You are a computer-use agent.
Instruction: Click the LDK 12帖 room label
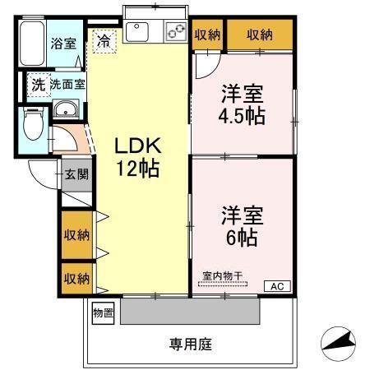[136, 159]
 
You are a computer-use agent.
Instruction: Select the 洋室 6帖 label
[240, 227]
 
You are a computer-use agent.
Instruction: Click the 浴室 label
[63, 44]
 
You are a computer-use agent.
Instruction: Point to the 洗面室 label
[65, 84]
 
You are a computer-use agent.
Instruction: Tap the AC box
[276, 286]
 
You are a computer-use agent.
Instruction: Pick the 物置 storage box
[103, 312]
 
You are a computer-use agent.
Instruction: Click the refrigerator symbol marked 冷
[104, 39]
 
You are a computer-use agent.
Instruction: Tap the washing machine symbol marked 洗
[37, 84]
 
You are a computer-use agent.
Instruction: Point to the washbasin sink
[66, 111]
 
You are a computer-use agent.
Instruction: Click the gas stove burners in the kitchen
[176, 31]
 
